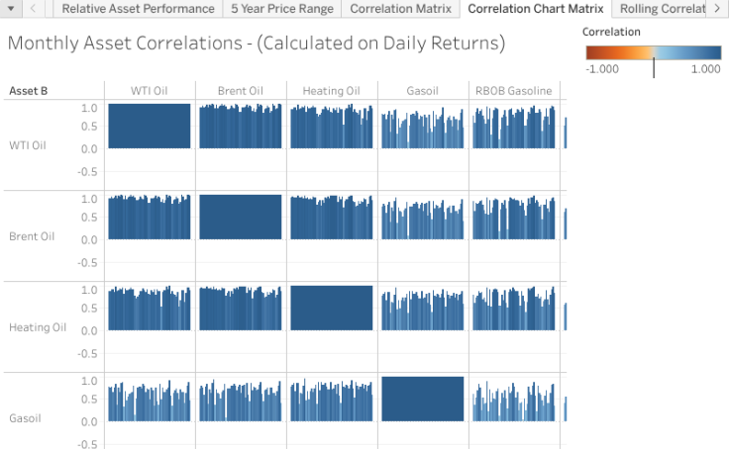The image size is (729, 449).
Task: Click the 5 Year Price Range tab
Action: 281,9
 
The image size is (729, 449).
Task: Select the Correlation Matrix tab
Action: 400,9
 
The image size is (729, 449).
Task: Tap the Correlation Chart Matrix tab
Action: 535,9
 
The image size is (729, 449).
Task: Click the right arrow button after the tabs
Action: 717,9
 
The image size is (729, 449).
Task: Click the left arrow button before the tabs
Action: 34,9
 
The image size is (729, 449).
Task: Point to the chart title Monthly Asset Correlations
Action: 256,45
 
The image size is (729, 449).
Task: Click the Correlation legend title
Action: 611,32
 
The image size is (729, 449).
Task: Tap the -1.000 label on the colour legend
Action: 602,69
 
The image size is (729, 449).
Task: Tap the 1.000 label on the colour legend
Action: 705,69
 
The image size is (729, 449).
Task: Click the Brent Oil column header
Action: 241,91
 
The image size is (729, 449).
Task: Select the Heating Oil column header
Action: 331,91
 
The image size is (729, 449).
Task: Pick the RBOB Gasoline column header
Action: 513,91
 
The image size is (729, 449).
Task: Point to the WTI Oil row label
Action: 27,145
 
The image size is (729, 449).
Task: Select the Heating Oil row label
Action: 38,327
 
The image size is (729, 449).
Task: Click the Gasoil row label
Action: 25,418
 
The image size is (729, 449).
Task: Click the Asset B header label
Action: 28,91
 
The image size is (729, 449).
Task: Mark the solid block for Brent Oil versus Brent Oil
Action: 241,217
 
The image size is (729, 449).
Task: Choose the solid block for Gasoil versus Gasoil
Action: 422,399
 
